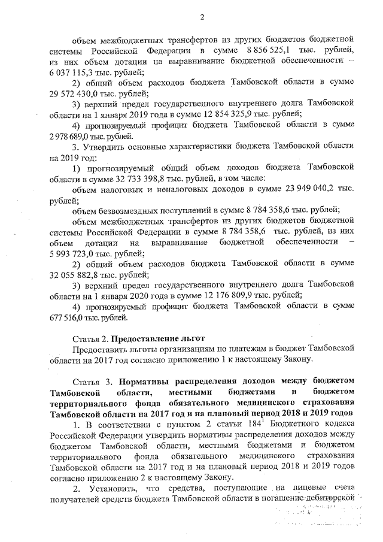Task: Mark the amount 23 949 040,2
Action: [292, 188]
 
